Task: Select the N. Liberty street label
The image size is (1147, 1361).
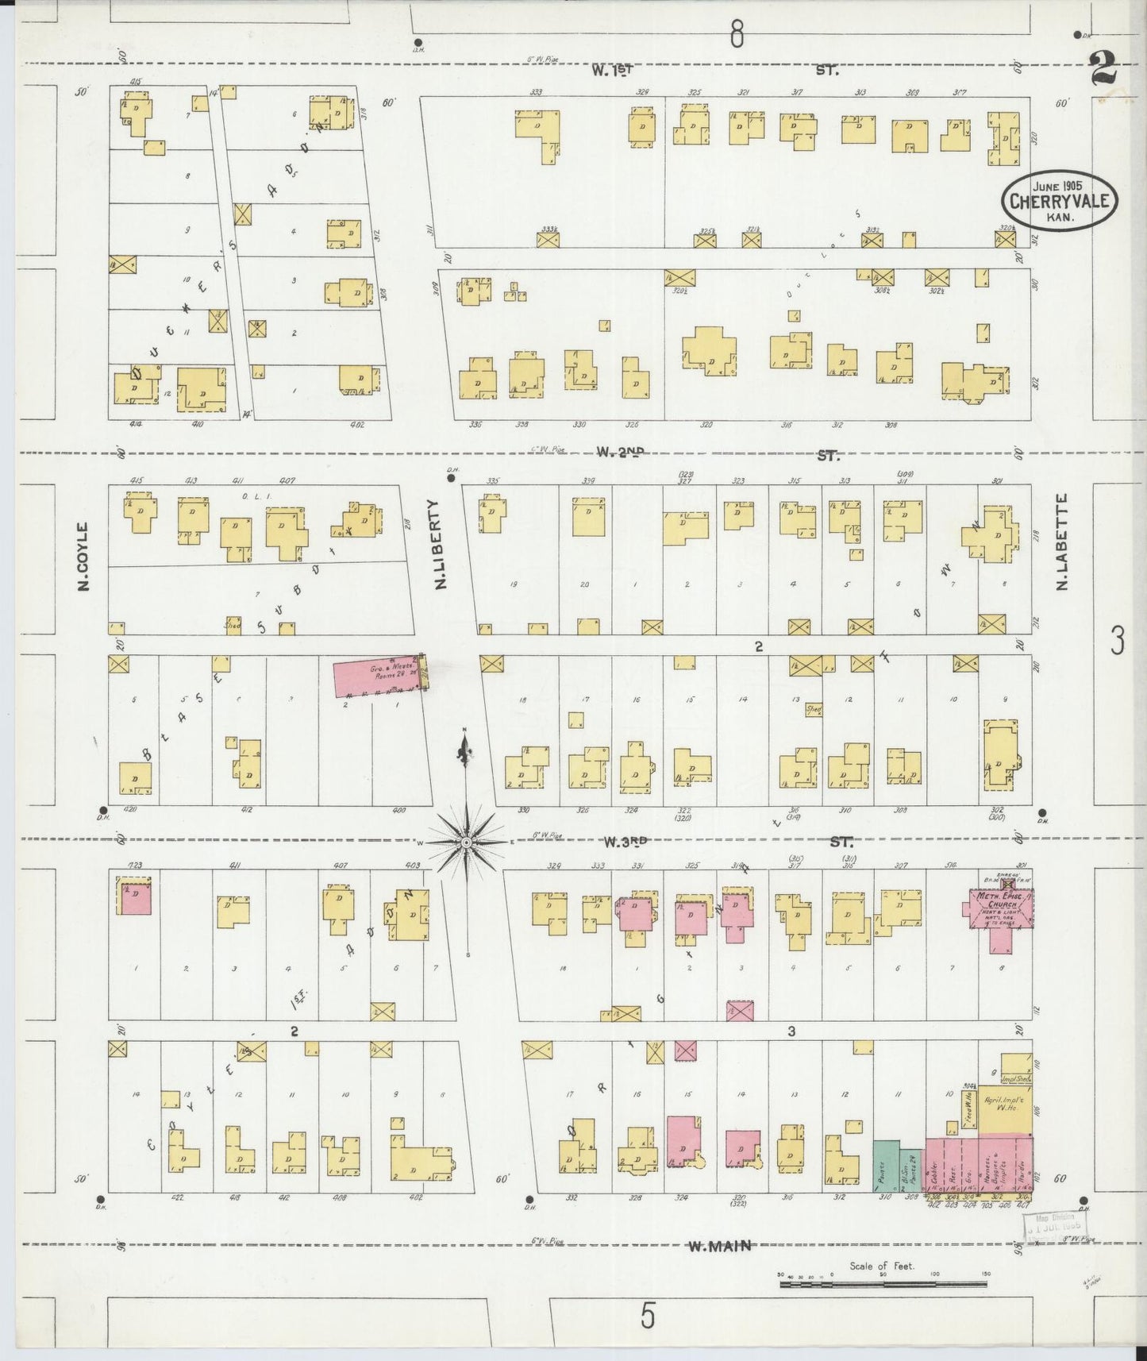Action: click(439, 544)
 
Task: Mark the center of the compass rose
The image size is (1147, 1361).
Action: click(467, 842)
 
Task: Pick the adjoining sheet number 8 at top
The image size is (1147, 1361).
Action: click(737, 34)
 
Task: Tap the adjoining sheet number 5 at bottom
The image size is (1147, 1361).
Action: click(649, 1317)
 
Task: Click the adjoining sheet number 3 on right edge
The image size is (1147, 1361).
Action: click(1118, 640)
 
